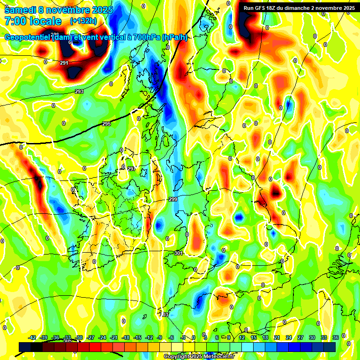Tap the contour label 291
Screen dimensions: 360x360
(64, 63)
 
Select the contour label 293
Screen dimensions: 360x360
(79, 91)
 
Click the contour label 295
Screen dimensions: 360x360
(106, 124)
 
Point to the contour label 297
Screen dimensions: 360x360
(131, 169)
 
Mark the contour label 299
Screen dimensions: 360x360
(173, 200)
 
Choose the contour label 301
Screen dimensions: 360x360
(178, 254)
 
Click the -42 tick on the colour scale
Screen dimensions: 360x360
(32, 337)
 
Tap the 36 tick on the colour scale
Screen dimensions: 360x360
(336, 337)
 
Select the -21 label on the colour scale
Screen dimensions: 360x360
(114, 337)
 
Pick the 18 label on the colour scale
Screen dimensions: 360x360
(265, 337)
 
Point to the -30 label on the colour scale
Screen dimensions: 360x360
(79, 337)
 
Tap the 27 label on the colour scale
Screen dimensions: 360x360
(300, 337)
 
